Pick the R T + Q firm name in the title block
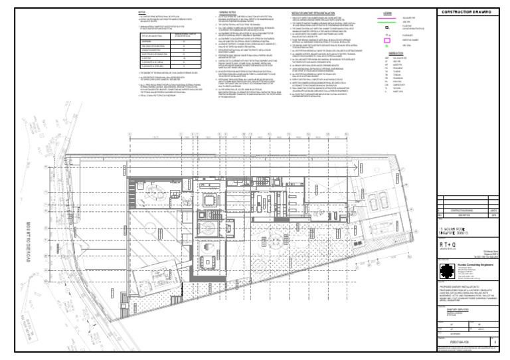(450, 244)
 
